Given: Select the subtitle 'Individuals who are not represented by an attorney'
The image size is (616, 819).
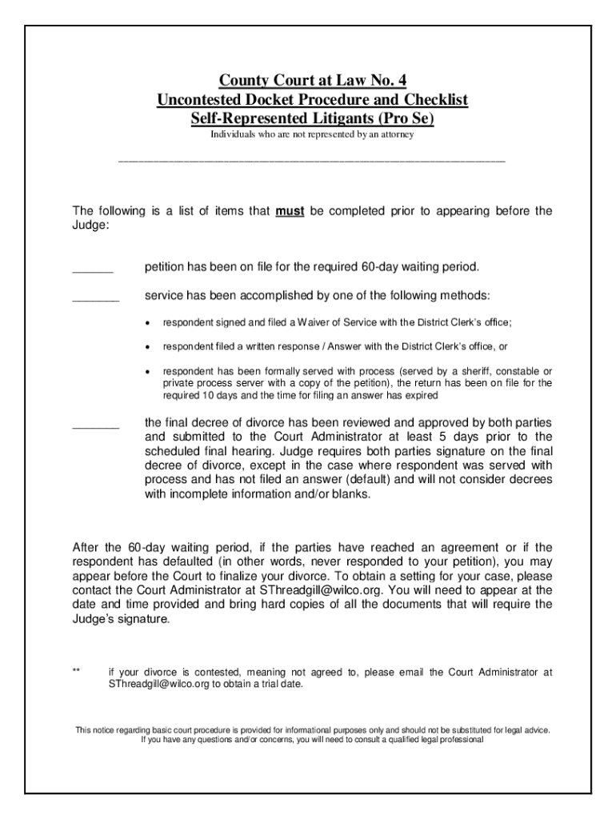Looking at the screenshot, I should tap(312, 135).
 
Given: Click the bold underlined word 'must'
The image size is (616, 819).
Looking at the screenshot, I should tap(288, 212).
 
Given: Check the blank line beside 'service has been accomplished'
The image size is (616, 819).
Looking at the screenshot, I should tap(95, 299).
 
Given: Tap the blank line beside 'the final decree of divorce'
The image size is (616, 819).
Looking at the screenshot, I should tap(95, 425).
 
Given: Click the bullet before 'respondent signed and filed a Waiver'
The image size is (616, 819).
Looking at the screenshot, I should tap(148, 323).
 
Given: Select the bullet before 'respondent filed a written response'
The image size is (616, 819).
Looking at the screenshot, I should tap(148, 348).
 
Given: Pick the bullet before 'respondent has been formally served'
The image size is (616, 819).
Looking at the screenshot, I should tap(148, 373).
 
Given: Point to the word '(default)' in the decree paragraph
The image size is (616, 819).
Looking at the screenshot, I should tap(373, 479).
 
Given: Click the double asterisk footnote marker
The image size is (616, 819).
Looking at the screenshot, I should tap(76, 673).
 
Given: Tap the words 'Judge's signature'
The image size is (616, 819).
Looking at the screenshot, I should tap(122, 619).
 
